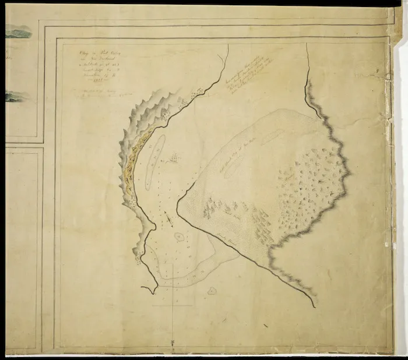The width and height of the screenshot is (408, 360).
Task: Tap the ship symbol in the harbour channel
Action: point(168,219)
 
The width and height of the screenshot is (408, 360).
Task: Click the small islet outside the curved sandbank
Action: point(212,290)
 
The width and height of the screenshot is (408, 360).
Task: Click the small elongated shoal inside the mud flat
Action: point(272,136)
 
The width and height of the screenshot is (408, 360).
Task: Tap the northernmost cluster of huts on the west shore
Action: point(200,90)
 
